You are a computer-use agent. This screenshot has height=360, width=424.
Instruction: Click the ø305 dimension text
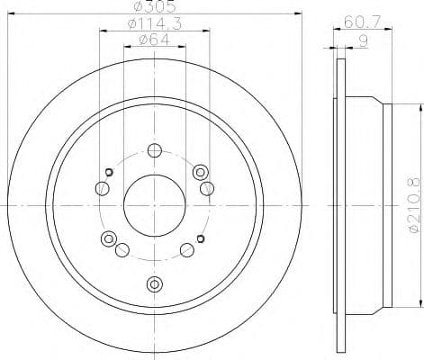153,7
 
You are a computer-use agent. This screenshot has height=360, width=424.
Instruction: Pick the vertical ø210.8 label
413,207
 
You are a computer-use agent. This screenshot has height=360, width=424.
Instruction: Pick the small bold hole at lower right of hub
200,238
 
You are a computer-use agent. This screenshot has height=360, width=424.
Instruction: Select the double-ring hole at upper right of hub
201,171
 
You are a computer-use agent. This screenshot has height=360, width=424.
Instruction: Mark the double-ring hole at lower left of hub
109,238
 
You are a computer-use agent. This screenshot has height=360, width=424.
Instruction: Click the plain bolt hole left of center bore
102,188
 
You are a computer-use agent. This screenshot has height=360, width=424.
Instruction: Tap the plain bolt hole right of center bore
207,187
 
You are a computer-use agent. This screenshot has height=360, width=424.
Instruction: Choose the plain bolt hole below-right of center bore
186,250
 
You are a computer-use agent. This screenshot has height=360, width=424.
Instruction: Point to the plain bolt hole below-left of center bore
122,250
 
